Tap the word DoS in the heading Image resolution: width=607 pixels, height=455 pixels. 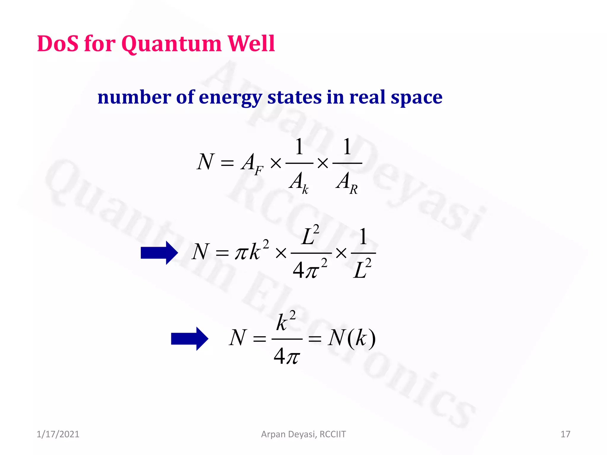pyautogui.click(x=58, y=44)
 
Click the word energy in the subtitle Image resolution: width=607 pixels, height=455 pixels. pyautogui.click(x=231, y=98)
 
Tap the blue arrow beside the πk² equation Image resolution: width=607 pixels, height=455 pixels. pyautogui.click(x=159, y=253)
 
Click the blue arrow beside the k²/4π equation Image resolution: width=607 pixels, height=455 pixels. pyautogui.click(x=190, y=339)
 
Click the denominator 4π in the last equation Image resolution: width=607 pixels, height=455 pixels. pyautogui.click(x=287, y=356)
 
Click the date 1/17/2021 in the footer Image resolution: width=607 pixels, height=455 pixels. pyautogui.click(x=58, y=434)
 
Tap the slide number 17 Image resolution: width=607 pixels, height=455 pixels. pyautogui.click(x=565, y=434)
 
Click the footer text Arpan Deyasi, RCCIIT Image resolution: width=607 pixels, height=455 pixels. pyautogui.click(x=303, y=434)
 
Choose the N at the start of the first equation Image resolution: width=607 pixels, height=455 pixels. pyautogui.click(x=205, y=162)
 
